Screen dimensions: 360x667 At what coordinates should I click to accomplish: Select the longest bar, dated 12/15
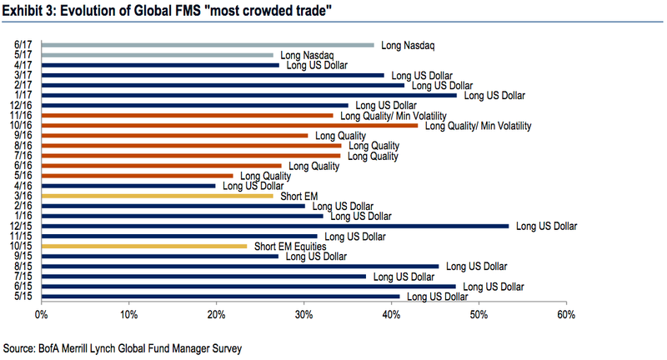pos(274,226)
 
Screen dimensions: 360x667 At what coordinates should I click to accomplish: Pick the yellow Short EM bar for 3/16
pos(157,196)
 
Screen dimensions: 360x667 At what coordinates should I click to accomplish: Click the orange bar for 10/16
pos(229,126)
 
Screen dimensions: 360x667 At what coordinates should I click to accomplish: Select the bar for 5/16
pos(137,176)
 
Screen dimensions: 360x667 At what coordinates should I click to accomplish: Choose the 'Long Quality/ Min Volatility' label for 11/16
pos(393,116)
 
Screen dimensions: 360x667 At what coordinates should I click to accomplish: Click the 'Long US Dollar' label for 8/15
pos(476,266)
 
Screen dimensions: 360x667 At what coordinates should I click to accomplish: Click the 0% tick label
pos(40,314)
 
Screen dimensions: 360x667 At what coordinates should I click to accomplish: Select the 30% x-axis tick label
pos(303,314)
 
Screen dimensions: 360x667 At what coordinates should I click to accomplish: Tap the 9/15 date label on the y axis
pos(23,256)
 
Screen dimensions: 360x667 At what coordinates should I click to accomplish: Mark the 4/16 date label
pos(23,186)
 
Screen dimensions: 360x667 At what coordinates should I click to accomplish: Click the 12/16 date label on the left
pos(22,106)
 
